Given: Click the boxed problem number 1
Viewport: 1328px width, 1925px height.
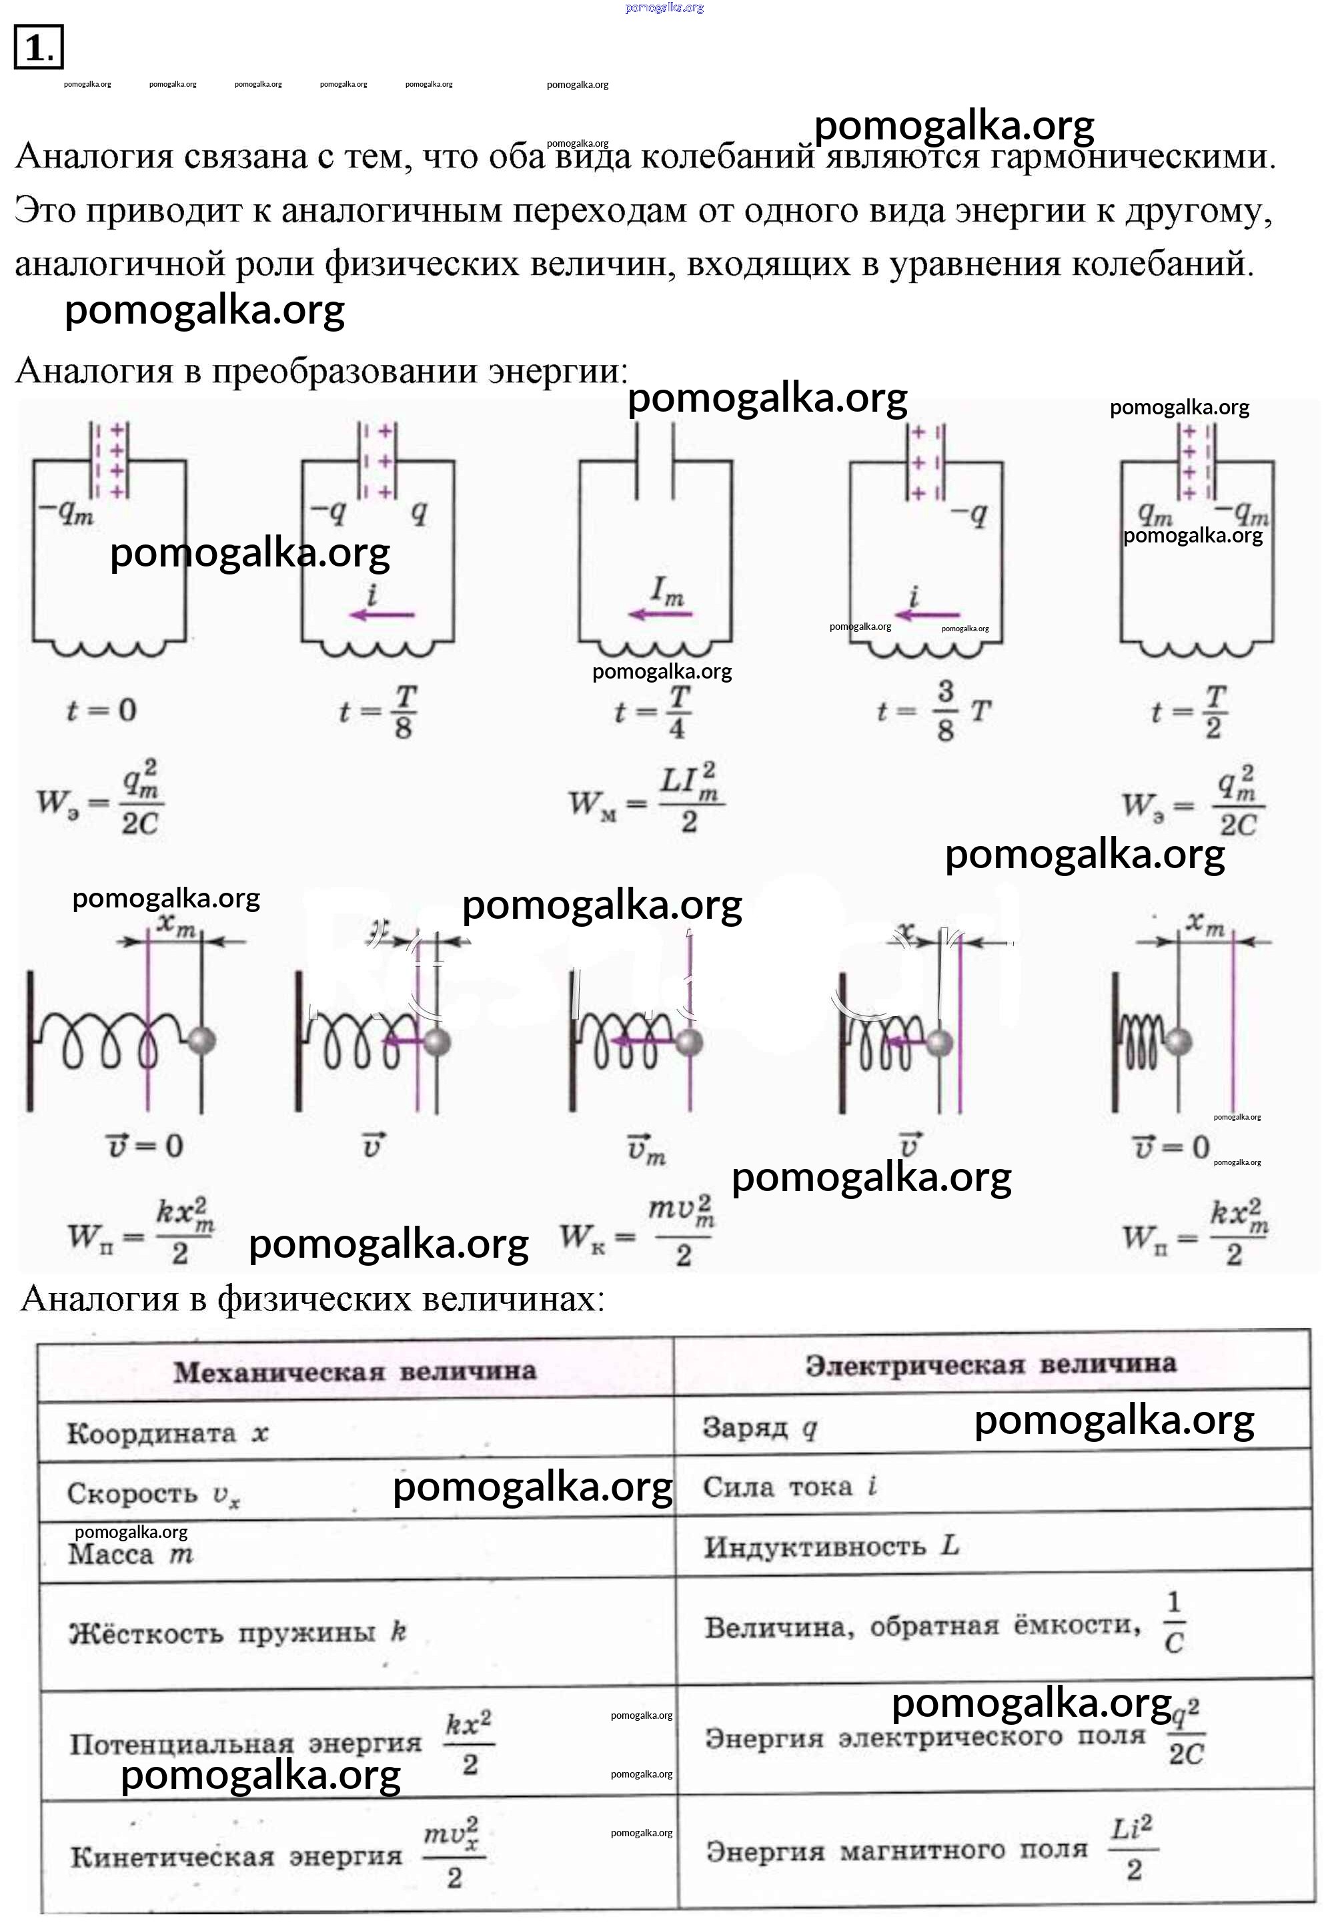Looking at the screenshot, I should [x=37, y=47].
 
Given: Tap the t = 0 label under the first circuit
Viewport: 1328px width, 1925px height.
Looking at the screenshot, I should [x=101, y=711].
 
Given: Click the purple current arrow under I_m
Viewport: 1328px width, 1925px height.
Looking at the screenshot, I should [x=660, y=615].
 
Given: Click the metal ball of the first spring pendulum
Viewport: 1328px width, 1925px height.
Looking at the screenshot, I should [x=202, y=1040].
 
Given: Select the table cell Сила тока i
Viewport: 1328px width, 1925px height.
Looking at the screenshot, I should [x=790, y=1487].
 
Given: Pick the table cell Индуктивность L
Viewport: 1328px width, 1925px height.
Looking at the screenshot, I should [x=831, y=1546].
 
